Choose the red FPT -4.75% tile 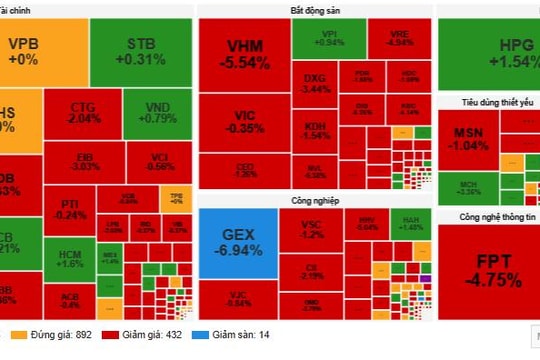pyautogui.click(x=488, y=271)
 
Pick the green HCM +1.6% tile pyautogui.click(x=71, y=259)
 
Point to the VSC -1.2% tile pyautogui.click(x=313, y=231)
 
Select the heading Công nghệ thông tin pyautogui.click(x=486, y=217)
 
